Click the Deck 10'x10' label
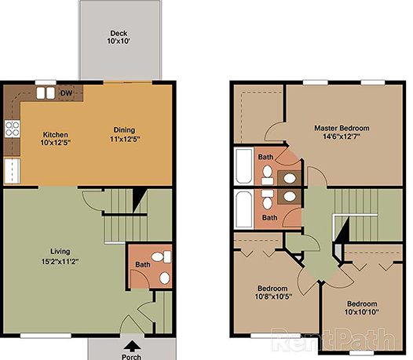pyautogui.click(x=119, y=36)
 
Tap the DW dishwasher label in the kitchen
pyautogui.click(x=67, y=92)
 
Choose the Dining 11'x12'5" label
pyautogui.click(x=124, y=134)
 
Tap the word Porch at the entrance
pyautogui.click(x=131, y=355)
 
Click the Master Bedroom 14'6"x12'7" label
pyautogui.click(x=342, y=133)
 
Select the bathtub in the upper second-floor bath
pyautogui.click(x=243, y=165)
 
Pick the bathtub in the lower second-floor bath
pyautogui.click(x=243, y=209)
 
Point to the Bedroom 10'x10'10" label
pyautogui.click(x=362, y=308)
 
